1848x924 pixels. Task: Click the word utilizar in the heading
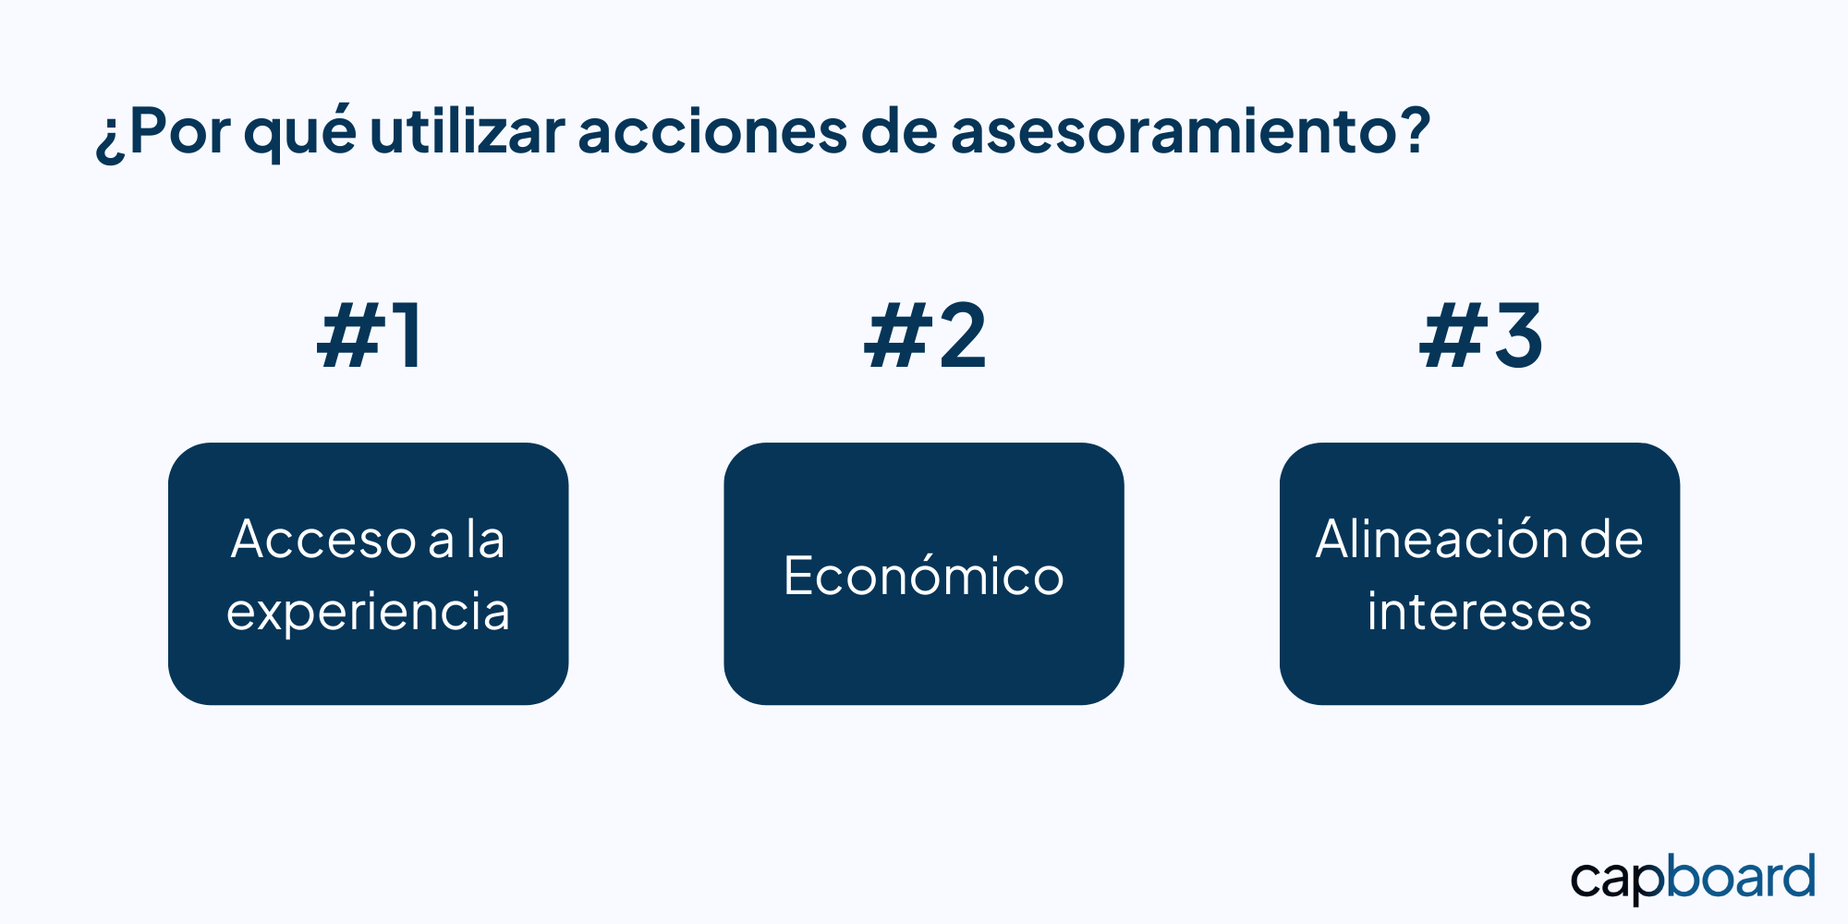point(468,130)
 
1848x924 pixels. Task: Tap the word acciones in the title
point(712,131)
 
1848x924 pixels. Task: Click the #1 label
point(370,336)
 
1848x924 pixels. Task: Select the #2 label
point(925,336)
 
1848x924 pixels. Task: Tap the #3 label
point(1480,336)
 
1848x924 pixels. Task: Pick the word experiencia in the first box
point(368,613)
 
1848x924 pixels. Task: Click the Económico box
point(924,574)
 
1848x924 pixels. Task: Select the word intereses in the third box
point(1479,612)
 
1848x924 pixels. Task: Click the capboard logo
point(1693,879)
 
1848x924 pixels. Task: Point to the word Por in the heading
point(180,131)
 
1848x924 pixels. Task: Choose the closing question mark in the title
point(1411,130)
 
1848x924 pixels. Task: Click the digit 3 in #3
point(1518,336)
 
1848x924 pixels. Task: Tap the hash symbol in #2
point(896,336)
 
